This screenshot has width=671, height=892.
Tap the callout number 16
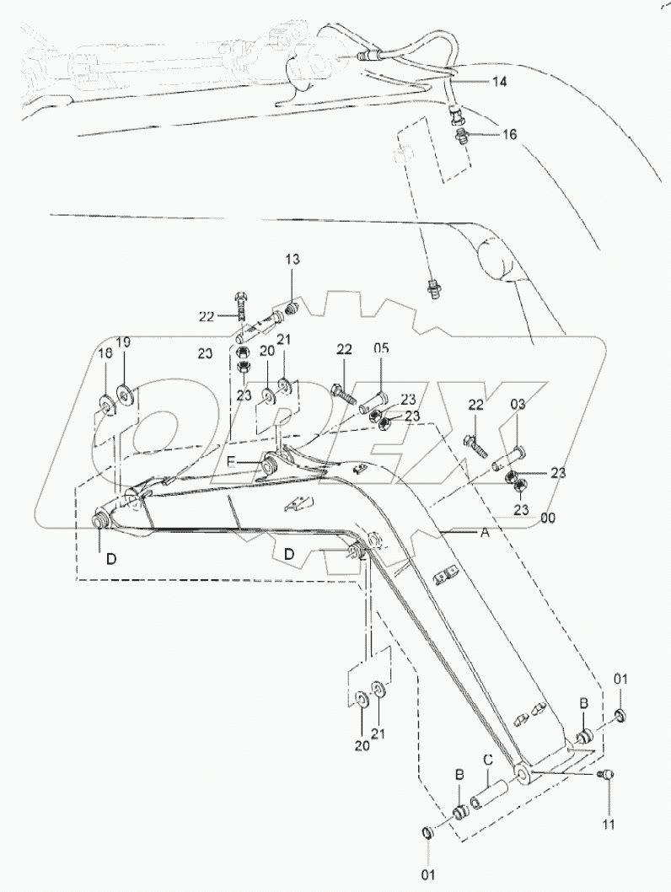[510, 134]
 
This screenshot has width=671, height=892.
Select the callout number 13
[291, 261]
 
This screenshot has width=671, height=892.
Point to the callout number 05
[382, 348]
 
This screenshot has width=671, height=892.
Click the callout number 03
[518, 406]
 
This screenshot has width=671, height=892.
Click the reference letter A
[485, 533]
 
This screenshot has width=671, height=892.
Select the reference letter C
[488, 757]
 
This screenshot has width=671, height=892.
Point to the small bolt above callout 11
[604, 775]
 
